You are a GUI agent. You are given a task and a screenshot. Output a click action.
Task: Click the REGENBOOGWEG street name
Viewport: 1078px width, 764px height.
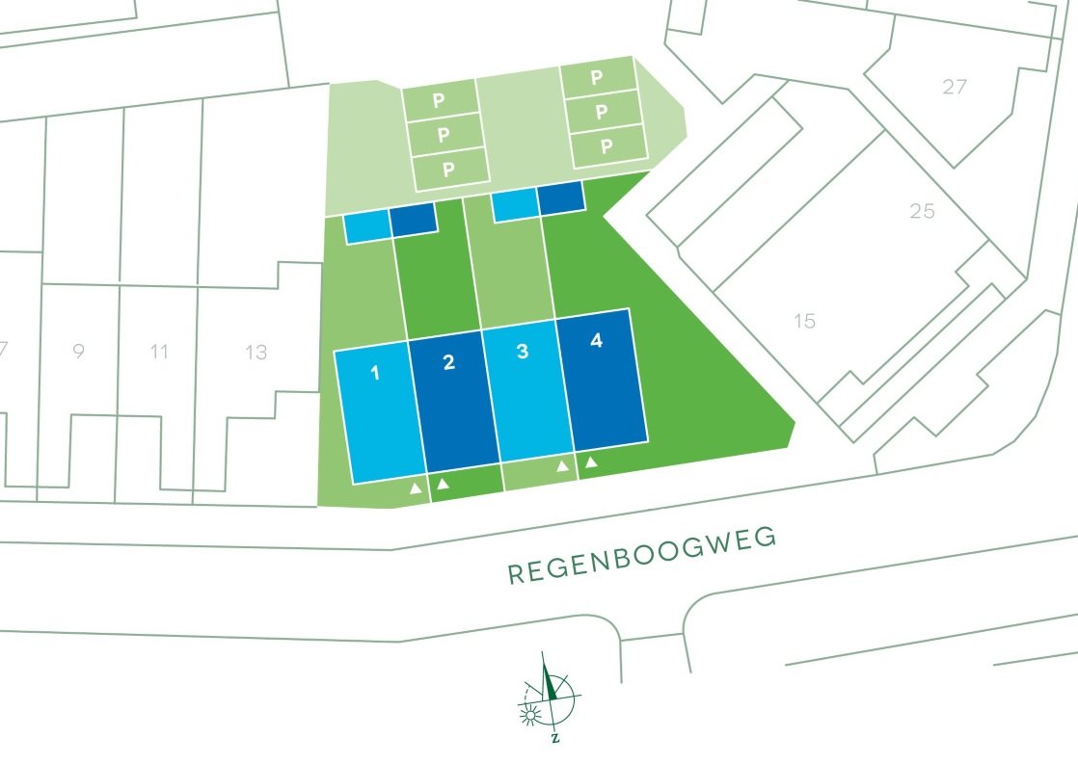coord(642,556)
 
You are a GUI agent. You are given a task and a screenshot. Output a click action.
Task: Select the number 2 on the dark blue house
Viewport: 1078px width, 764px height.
coord(448,362)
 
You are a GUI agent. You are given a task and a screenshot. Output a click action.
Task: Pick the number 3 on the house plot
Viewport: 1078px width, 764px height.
coord(523,351)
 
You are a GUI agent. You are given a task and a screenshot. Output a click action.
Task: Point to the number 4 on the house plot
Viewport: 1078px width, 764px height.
coord(596,340)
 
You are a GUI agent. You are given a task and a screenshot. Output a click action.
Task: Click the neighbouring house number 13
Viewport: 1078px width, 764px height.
coord(256,353)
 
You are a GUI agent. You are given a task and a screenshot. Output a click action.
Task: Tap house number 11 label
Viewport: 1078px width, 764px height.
coord(160,353)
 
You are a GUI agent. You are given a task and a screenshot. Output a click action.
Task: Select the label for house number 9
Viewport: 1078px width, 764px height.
coord(78,353)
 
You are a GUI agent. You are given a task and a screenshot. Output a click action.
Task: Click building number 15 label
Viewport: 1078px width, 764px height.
coord(804,321)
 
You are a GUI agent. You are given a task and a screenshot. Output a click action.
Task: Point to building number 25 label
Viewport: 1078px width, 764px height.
coord(922,211)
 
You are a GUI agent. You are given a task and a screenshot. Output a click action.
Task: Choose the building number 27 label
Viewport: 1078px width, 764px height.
coord(954,88)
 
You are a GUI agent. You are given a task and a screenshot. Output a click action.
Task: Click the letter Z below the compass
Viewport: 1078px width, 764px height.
coord(554,739)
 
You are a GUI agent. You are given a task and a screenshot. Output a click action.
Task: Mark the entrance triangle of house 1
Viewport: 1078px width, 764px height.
coord(416,489)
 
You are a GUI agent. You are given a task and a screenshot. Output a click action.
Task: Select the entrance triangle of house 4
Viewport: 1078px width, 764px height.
coord(592,463)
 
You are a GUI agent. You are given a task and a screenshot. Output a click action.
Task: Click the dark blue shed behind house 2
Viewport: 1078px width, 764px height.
coord(414,221)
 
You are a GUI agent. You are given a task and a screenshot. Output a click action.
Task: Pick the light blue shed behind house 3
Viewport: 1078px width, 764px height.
coord(514,207)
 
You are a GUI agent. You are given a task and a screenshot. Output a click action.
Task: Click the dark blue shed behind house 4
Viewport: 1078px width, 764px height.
coord(561,198)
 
